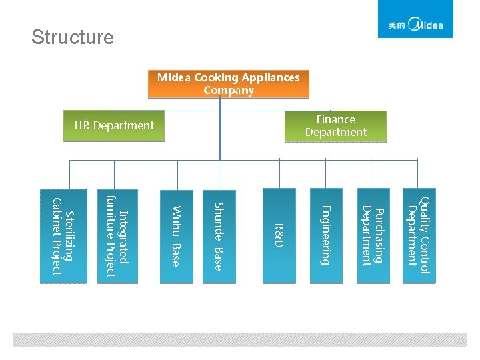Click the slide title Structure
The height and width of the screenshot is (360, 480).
click(72, 37)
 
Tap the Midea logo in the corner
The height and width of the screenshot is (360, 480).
click(415, 20)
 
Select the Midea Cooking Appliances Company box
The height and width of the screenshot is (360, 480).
click(228, 84)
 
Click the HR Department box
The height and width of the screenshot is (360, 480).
click(114, 125)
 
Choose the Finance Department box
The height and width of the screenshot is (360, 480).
click(335, 126)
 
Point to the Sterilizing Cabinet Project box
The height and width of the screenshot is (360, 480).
click(64, 236)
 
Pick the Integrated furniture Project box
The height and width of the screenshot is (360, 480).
click(118, 236)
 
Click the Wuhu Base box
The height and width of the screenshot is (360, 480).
click(175, 236)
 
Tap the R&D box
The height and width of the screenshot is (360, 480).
click(279, 236)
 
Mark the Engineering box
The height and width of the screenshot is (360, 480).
click(325, 236)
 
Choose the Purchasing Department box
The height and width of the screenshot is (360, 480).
click(372, 236)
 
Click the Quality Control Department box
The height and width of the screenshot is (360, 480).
click(419, 236)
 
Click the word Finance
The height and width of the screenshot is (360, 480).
click(335, 119)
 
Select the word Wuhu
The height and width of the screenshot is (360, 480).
click(175, 221)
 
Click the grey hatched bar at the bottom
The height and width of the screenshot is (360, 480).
click(240, 339)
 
